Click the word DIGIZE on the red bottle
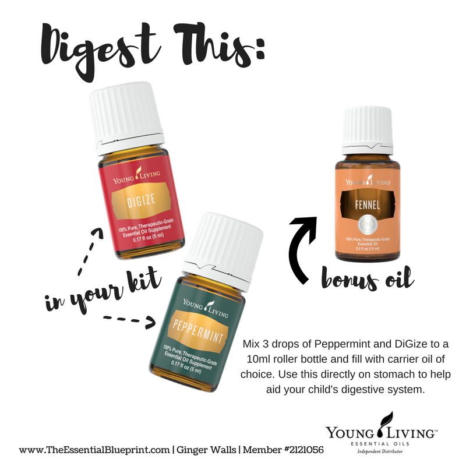coord(141,200)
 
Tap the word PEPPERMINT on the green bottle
coord(197,330)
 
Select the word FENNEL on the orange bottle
coord(368,205)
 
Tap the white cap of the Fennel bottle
coord(368,130)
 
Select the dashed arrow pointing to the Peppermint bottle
coord(129,321)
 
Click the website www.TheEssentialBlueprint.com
coord(94,450)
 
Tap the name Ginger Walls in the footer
coord(206,450)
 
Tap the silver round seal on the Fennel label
coord(368,224)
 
